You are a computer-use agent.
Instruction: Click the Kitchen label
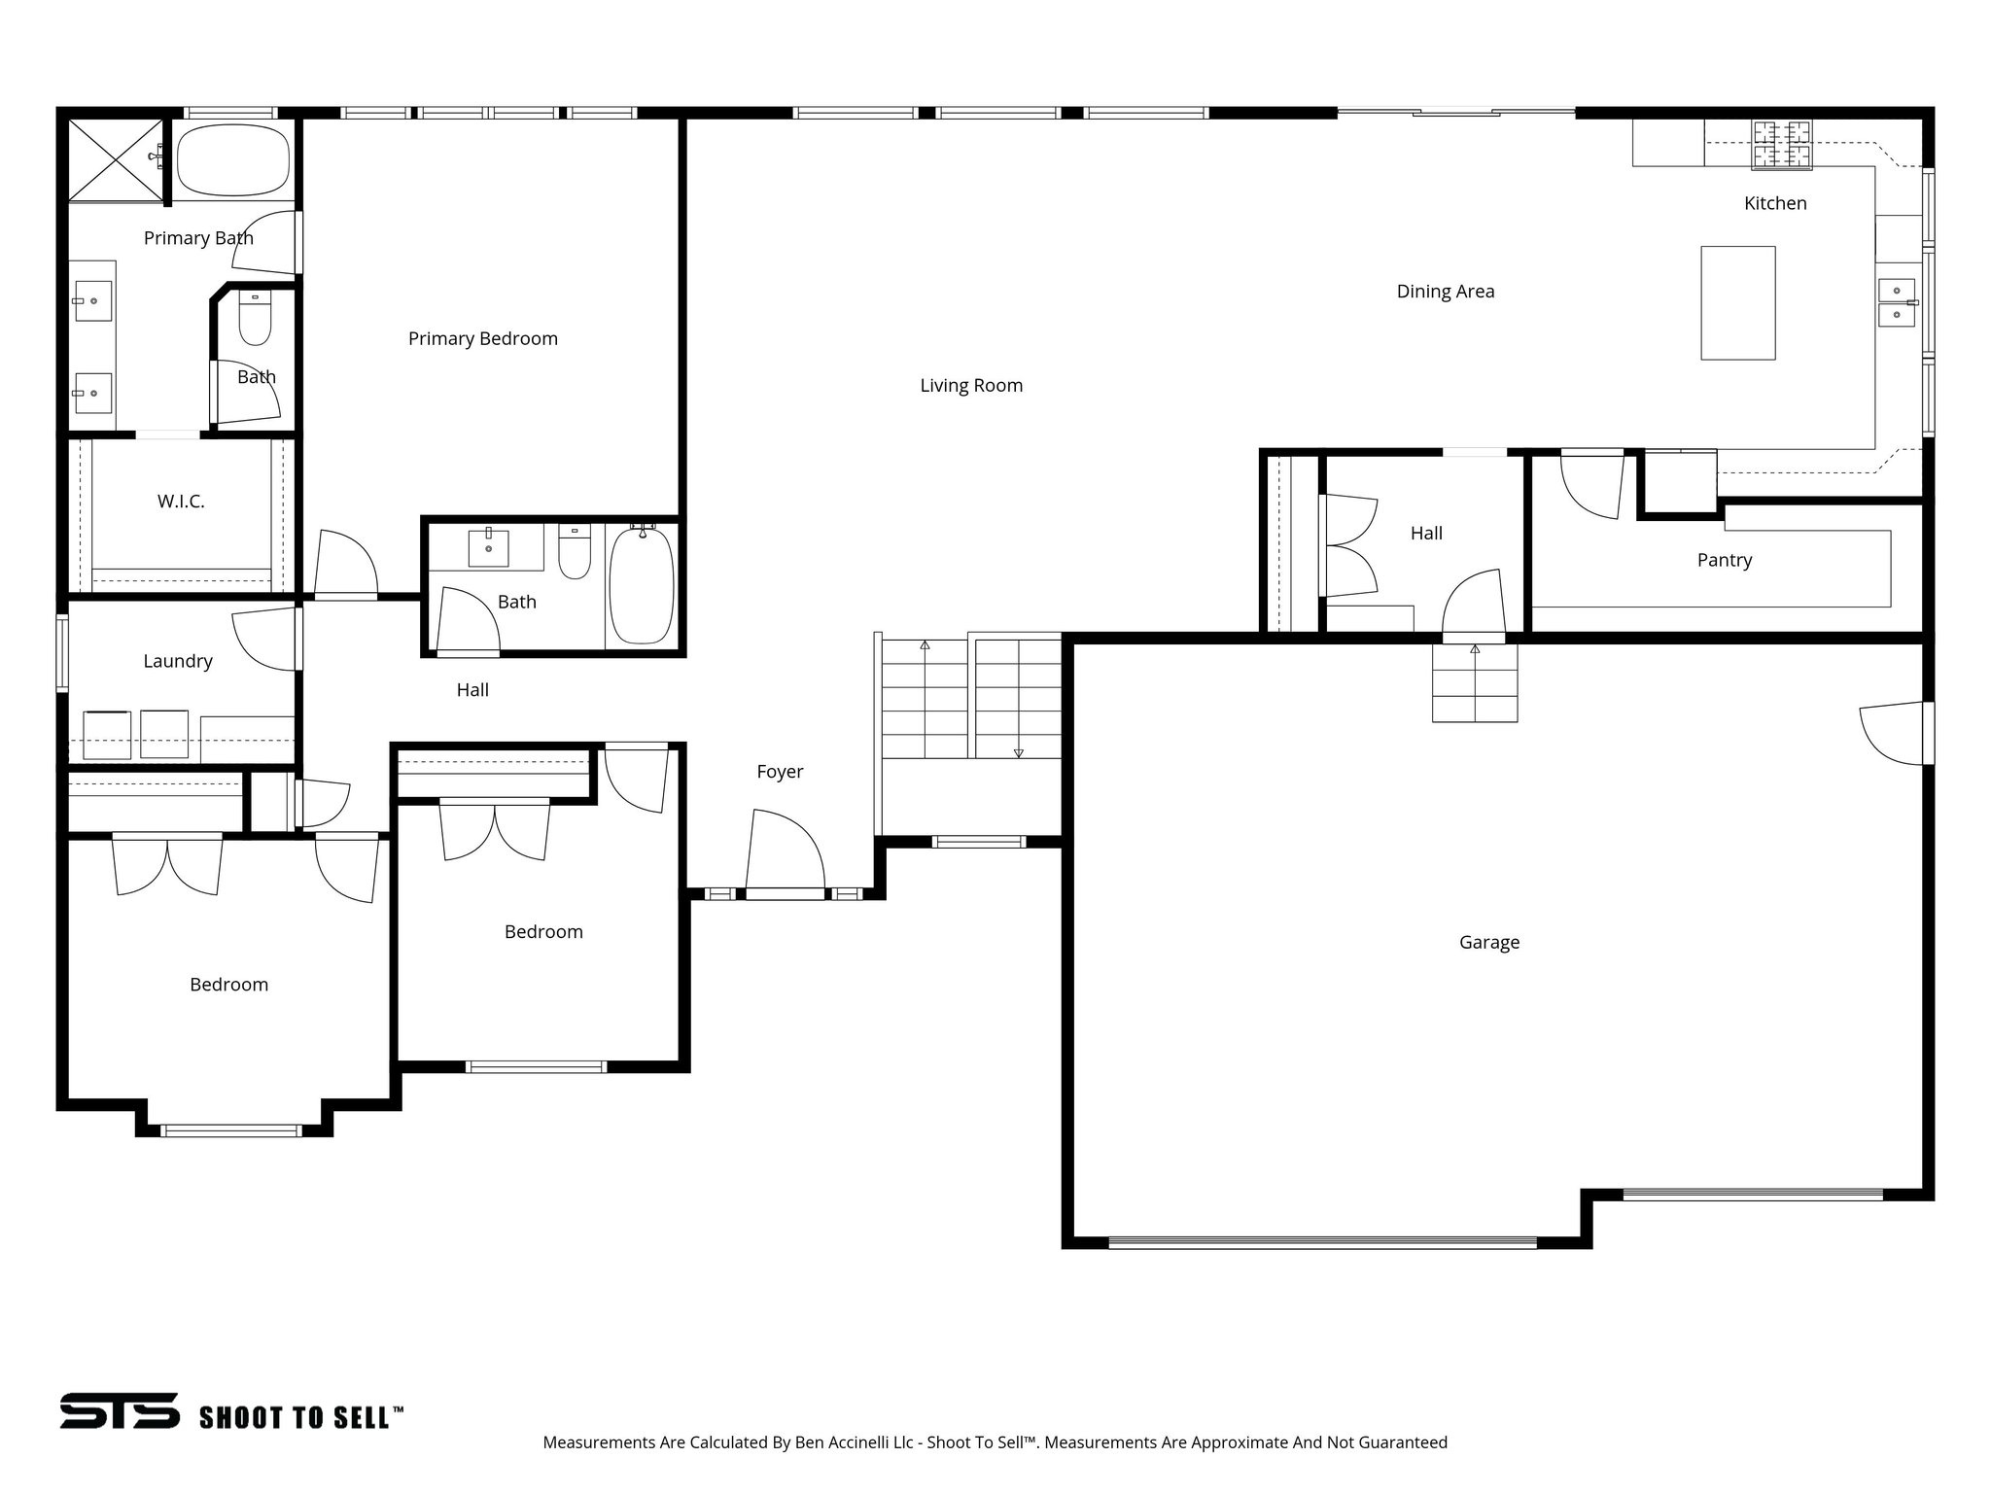click(1775, 203)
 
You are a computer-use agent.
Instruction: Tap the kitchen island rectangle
click(1737, 302)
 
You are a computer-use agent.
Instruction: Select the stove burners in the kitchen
click(1782, 144)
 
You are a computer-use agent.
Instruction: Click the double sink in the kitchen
click(1897, 302)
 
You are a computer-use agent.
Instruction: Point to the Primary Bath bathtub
click(234, 160)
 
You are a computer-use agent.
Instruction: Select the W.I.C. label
click(181, 502)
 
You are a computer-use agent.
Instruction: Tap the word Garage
click(1488, 942)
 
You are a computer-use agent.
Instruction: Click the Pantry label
click(1724, 560)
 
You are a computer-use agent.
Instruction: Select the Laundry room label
click(177, 661)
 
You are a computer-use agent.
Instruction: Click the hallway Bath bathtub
click(642, 584)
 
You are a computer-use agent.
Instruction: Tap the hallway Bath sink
click(488, 548)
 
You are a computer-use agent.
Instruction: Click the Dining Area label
click(1445, 291)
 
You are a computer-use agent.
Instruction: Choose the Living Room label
click(970, 385)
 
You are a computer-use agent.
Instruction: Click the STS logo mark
click(120, 1410)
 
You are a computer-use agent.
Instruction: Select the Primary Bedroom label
click(482, 338)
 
